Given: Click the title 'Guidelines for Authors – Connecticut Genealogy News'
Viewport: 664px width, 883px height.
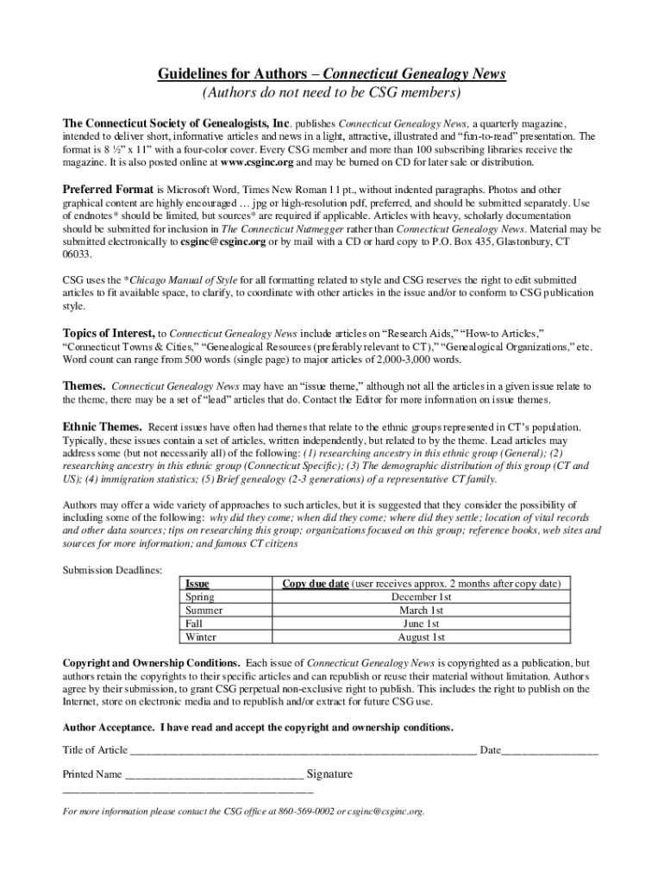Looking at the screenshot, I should pyautogui.click(x=331, y=74).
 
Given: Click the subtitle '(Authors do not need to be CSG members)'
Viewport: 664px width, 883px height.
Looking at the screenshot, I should pyautogui.click(x=331, y=93).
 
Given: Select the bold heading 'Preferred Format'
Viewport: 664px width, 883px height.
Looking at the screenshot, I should pyautogui.click(x=108, y=189).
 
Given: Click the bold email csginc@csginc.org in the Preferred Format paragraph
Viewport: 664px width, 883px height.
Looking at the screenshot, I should pyautogui.click(x=223, y=243).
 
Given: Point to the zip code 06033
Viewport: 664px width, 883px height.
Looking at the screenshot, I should pyautogui.click(x=77, y=256).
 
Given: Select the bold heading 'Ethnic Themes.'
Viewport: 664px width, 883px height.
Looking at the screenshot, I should pyautogui.click(x=103, y=427).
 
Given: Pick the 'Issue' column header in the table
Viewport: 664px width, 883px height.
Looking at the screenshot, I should pyautogui.click(x=197, y=584).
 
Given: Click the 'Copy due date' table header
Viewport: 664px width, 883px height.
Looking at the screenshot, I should pyautogui.click(x=316, y=584).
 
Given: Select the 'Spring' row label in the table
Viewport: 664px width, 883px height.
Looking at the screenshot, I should pyautogui.click(x=200, y=597).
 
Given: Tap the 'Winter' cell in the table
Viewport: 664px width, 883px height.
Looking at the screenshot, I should pyautogui.click(x=201, y=637).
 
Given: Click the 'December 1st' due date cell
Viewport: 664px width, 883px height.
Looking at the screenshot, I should pyautogui.click(x=421, y=597).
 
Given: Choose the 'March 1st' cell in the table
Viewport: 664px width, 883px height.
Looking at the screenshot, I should pyautogui.click(x=421, y=611).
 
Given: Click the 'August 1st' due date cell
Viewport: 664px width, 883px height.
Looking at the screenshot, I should pyautogui.click(x=421, y=637).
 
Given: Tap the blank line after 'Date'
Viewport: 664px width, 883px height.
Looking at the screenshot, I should pyautogui.click(x=550, y=750).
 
